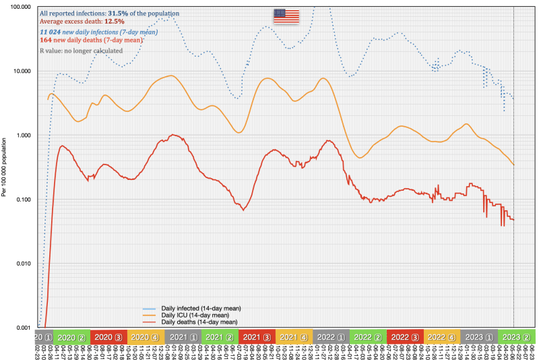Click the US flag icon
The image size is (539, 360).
pos(286,16)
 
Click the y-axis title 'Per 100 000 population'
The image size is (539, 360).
pos(5,166)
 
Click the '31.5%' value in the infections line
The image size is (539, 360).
pos(119,13)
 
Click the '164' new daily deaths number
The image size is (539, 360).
pos(46,40)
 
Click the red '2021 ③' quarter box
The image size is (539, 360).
pos(257,337)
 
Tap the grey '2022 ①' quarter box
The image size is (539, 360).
pos(331,337)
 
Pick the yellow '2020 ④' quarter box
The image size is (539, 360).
pos(144,337)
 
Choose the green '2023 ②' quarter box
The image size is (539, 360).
pos(516,337)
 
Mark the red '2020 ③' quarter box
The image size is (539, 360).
pos(107,337)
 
